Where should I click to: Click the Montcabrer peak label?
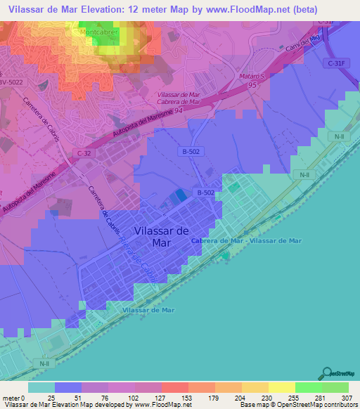[98, 32]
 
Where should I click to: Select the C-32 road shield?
[84, 152]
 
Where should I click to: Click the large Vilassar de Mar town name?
[160, 237]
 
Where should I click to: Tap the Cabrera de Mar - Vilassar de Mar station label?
[246, 240]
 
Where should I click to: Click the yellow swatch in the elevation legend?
[281, 387]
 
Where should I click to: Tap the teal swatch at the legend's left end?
[41, 387]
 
